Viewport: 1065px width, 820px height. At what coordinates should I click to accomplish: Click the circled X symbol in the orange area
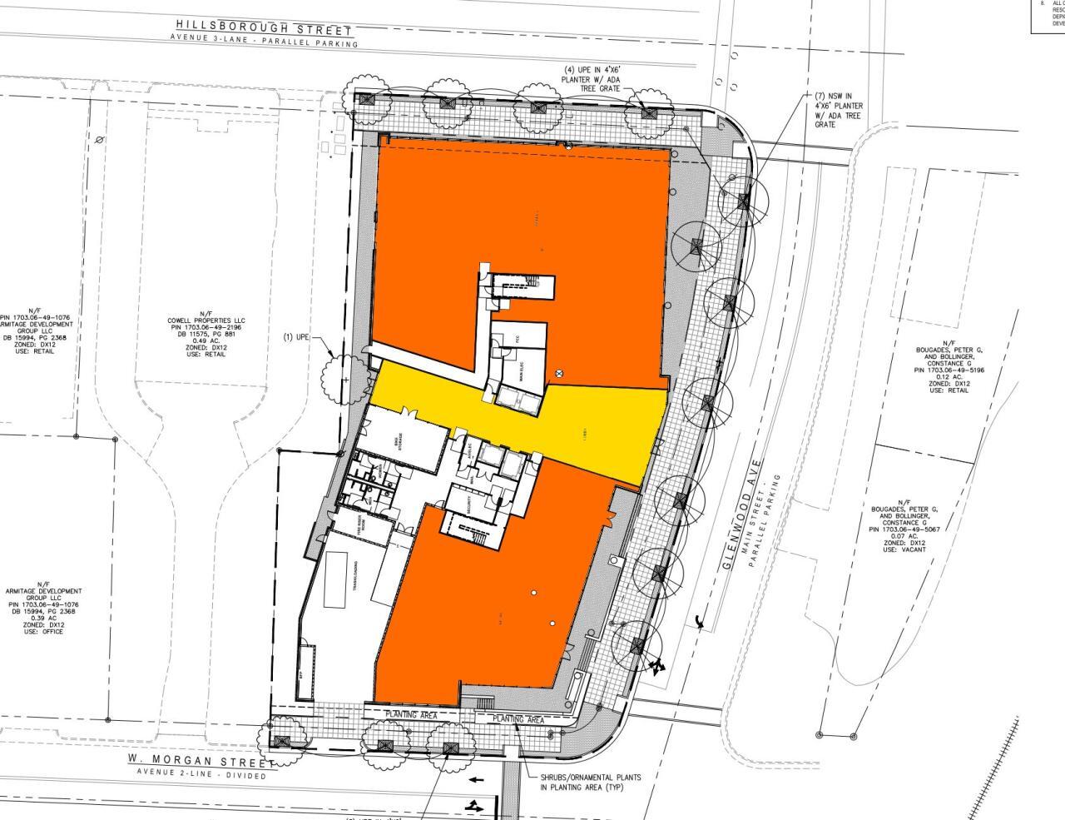coord(559,374)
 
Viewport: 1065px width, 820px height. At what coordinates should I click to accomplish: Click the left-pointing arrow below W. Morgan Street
coord(475,780)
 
